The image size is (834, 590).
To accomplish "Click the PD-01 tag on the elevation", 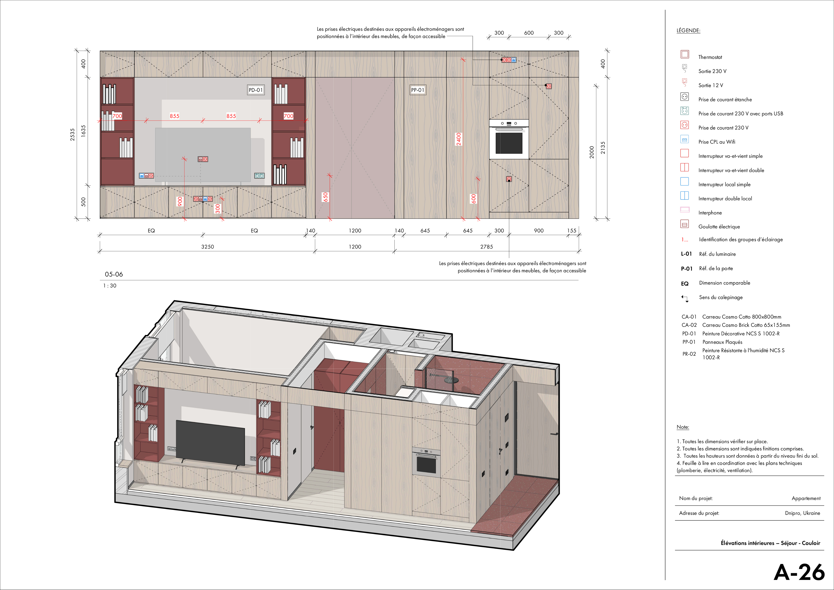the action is coord(256,90).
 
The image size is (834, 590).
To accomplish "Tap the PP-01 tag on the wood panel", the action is coord(418,90).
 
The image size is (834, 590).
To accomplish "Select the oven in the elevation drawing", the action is coord(509,139).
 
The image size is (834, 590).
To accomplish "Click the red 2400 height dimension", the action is coord(459,139).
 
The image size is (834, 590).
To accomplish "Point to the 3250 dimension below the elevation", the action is coord(207,247).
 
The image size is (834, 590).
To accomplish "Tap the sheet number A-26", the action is coord(799,572).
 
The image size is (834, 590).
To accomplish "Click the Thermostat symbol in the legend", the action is coord(685,55).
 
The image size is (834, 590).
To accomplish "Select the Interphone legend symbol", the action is coord(685,210).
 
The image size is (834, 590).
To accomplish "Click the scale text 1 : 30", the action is coord(110,286).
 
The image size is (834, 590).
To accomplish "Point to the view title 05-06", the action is coord(114,274).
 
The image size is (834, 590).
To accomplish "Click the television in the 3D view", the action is coord(210,443).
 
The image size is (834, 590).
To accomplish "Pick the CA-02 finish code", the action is coord(689,325).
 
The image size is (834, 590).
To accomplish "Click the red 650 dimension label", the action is coord(325,197).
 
